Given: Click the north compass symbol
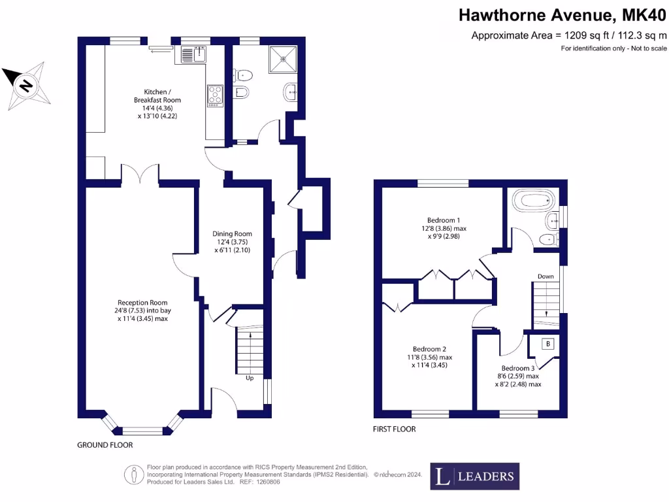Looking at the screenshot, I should (x=27, y=86).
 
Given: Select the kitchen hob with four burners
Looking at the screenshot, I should (x=215, y=95).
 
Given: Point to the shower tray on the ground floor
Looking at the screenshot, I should (x=284, y=58).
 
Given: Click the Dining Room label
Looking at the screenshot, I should (x=232, y=241).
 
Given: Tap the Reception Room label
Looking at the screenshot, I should (x=142, y=310).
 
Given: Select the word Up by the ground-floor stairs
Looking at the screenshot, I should (x=249, y=378).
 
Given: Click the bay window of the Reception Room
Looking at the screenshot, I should (x=142, y=429).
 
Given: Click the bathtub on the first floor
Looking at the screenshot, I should (x=533, y=200).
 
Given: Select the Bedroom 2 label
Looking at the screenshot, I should (x=432, y=358).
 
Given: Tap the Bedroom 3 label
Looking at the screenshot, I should (x=518, y=376).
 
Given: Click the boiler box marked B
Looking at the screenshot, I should (x=547, y=344).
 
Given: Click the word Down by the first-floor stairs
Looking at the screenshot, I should (x=546, y=276).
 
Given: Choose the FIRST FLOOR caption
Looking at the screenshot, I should (x=394, y=429).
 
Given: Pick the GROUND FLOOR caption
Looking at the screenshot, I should (x=105, y=445).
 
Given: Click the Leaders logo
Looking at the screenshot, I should (x=474, y=476).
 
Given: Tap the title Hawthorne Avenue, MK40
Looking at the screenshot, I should (x=563, y=14).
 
